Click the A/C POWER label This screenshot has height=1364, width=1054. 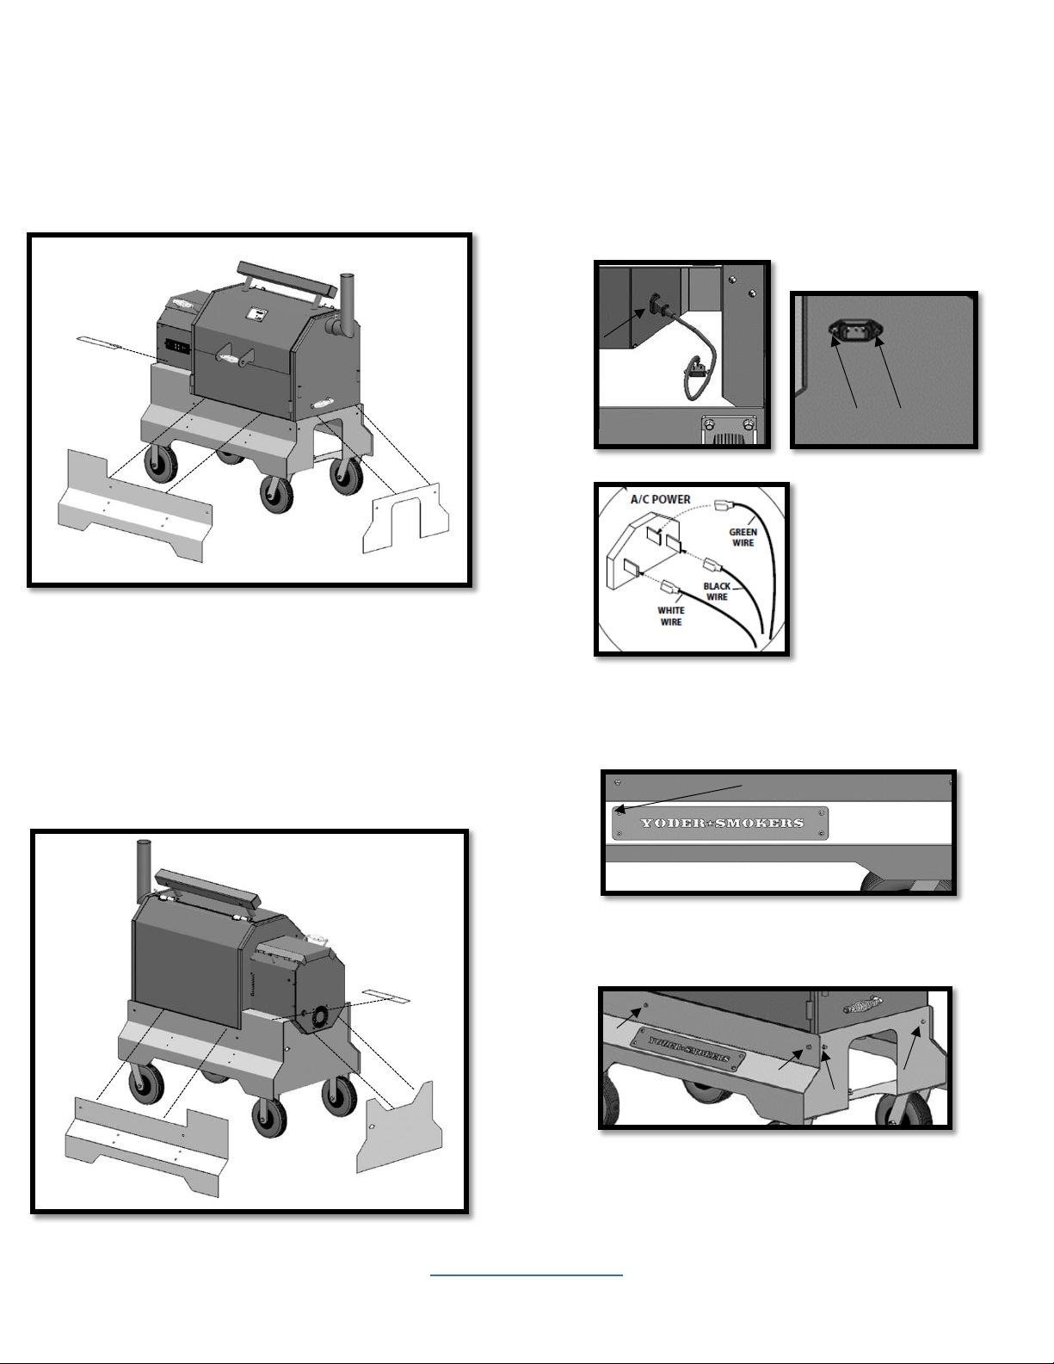point(660,500)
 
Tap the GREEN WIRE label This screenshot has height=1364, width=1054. point(743,537)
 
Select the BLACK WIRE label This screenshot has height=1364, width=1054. point(717,591)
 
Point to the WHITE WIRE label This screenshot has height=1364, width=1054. point(670,616)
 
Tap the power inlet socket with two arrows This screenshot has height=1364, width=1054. point(854,328)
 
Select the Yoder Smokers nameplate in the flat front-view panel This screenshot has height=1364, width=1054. point(720,823)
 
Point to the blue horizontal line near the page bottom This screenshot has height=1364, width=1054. point(527,1275)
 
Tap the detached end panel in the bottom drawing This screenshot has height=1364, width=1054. point(399,1127)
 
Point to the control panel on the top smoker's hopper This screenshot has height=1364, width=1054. point(177,347)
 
